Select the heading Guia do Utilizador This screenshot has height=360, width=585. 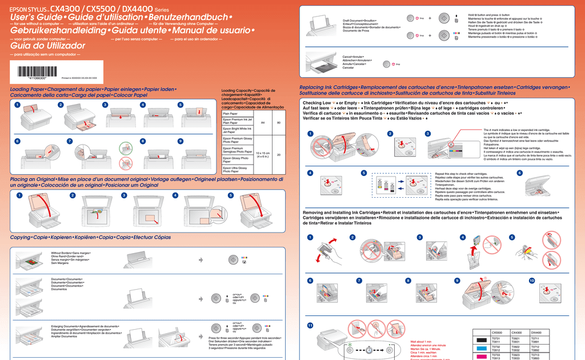(47, 46)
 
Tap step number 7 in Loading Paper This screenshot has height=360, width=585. (70, 141)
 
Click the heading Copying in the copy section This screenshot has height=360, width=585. (21, 237)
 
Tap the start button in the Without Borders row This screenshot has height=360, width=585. (233, 259)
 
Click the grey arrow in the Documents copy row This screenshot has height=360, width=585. (201, 298)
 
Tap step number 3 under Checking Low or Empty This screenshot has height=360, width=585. (428, 134)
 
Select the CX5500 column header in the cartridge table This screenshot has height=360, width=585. (497, 333)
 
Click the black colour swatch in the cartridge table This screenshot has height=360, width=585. (481, 339)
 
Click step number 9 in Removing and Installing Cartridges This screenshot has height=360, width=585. (457, 281)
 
